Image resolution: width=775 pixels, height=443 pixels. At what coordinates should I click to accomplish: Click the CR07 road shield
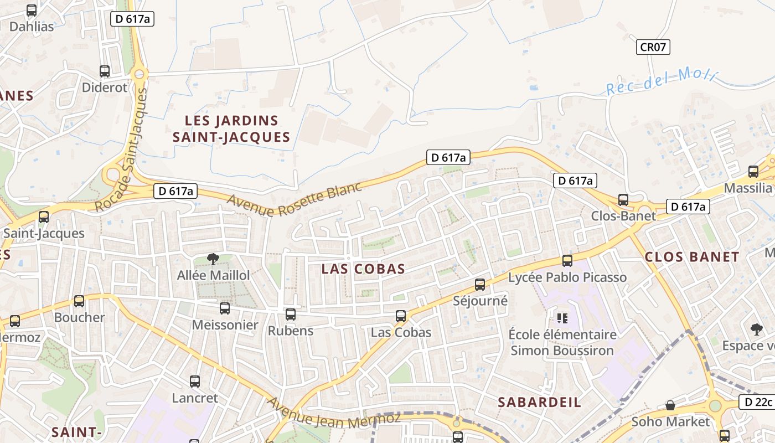tap(653, 47)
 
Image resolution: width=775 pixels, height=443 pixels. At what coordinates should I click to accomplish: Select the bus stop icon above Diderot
tap(105, 71)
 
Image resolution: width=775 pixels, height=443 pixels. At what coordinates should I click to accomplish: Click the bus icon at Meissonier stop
tap(225, 308)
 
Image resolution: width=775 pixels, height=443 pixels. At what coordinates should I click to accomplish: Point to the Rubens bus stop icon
tap(291, 315)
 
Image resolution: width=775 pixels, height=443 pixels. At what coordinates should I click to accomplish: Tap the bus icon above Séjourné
tap(480, 285)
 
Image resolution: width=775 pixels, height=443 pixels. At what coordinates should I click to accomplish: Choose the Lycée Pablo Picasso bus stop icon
tap(567, 260)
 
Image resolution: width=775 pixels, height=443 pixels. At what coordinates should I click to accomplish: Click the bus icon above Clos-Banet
tap(623, 199)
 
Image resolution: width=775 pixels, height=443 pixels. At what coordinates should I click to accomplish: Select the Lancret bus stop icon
tap(195, 381)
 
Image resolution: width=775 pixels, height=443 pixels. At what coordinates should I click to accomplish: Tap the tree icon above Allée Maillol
tap(212, 258)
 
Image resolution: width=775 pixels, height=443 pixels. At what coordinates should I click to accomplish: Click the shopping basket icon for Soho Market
tap(670, 405)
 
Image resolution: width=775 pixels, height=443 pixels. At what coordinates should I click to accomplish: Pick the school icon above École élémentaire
tap(562, 318)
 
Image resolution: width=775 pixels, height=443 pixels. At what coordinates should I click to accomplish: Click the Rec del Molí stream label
tap(661, 81)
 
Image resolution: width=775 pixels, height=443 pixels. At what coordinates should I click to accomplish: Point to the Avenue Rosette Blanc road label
tap(294, 199)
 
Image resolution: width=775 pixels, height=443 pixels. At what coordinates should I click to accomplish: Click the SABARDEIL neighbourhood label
tap(539, 403)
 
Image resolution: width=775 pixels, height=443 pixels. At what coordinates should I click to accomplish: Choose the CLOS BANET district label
tap(692, 257)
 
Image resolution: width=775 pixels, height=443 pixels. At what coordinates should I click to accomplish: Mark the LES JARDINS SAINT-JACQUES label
tap(231, 128)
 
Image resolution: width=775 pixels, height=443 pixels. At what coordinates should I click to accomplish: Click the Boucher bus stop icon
tap(79, 301)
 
